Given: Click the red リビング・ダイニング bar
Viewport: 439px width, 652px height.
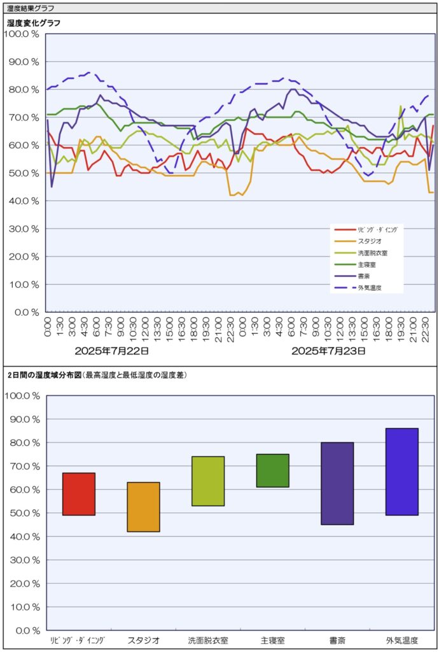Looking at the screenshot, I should pyautogui.click(x=79, y=494).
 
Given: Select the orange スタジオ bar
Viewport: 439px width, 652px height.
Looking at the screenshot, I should pyautogui.click(x=143, y=507).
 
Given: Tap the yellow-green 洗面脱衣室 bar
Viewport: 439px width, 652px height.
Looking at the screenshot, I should pyautogui.click(x=208, y=481).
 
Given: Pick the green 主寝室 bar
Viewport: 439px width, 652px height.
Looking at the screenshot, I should pyautogui.click(x=273, y=471).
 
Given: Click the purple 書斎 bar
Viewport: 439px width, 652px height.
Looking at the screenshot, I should pyautogui.click(x=337, y=483).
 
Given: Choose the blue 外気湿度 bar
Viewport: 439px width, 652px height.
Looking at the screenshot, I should pyautogui.click(x=402, y=472).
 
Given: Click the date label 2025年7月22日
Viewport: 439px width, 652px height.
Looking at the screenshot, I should pyautogui.click(x=112, y=351).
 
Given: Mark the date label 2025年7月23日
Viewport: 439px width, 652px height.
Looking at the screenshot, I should pyautogui.click(x=328, y=351).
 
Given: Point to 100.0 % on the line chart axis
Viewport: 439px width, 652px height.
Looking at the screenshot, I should pyautogui.click(x=22, y=34).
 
